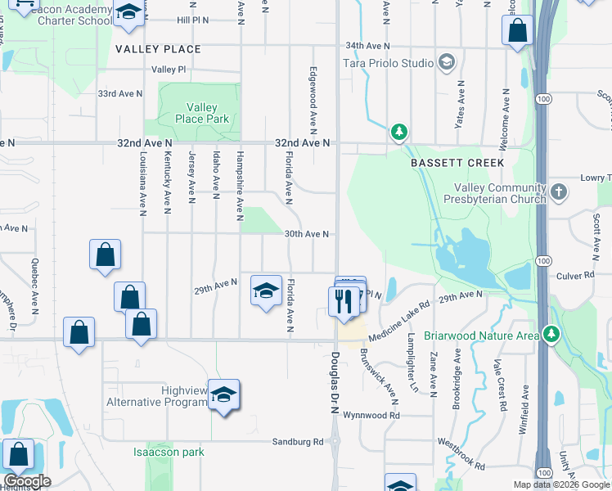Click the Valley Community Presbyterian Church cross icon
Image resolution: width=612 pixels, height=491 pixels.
[559, 193]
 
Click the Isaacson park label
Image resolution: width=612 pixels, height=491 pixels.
[169, 452]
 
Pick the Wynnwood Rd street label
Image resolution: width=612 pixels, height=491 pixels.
[371, 416]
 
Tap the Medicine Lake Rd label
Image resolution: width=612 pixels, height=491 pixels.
[398, 321]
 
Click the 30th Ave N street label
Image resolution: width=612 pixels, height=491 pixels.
[307, 234]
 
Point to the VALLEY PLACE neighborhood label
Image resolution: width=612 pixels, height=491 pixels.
[158, 49]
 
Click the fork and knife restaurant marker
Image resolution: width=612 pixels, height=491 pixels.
[341, 301]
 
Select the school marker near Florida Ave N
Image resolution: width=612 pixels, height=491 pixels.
[266, 291]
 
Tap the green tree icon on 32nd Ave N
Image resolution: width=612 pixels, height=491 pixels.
[398, 132]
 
